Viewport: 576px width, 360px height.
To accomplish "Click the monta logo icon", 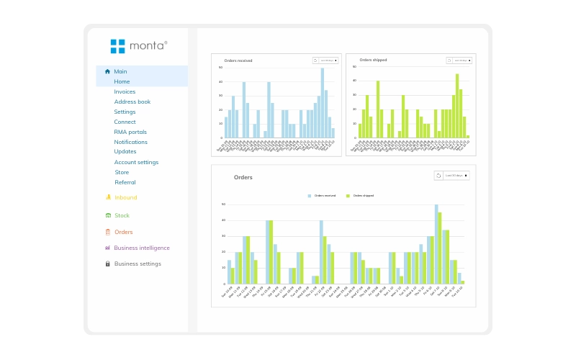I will pos(117,46).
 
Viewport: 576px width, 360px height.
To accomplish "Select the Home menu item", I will pos(122,81).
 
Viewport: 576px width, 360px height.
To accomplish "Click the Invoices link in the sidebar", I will pos(125,91).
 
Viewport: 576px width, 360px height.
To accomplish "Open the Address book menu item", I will pos(132,102).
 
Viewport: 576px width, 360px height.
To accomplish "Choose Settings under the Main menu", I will pos(125,112).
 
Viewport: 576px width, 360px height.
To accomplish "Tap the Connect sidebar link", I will pos(125,122).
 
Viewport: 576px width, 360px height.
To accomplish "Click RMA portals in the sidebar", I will pos(130,132).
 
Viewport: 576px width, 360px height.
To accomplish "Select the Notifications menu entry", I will pos(130,142).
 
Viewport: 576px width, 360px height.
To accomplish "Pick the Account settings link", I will pos(136,162).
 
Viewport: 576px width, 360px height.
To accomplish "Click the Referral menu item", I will pos(125,182).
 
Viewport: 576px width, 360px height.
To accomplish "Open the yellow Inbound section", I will pos(125,197).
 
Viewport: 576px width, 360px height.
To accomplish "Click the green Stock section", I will pos(122,215).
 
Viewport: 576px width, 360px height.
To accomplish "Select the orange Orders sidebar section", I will pos(123,232).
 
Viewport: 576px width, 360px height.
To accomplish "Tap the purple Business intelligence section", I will pos(142,248).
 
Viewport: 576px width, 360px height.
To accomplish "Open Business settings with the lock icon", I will pos(138,264).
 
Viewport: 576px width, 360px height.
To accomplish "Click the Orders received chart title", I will pos(238,60).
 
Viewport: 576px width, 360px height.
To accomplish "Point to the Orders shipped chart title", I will pos(373,60).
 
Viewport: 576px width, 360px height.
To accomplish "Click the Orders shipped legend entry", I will pos(362,196).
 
